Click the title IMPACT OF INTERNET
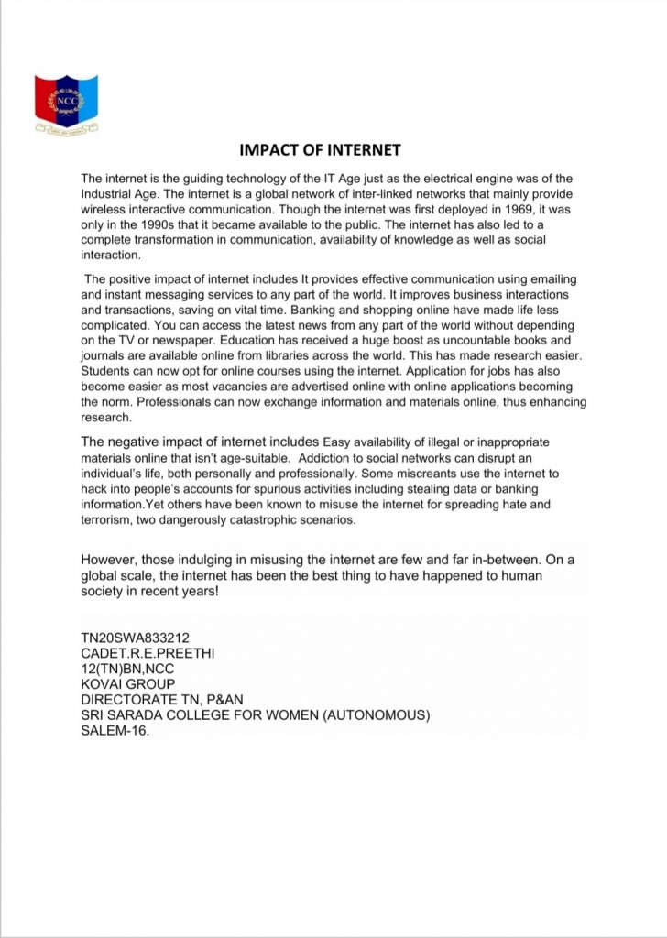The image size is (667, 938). [x=320, y=149]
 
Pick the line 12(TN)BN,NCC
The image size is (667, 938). [x=126, y=669]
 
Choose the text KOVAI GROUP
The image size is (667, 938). [x=127, y=684]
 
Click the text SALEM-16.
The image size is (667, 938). [x=115, y=731]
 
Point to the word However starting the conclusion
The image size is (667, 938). [x=113, y=559]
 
